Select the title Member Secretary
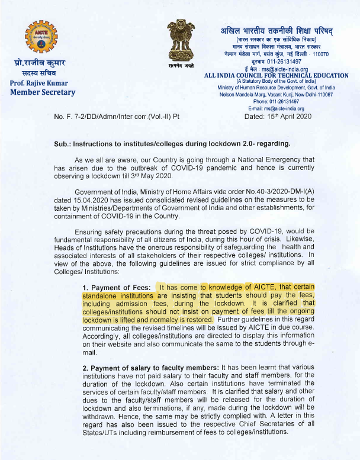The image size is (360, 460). [43, 92]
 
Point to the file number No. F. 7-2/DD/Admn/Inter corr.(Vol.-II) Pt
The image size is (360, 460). [116, 117]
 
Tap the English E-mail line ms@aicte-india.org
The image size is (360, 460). [276, 108]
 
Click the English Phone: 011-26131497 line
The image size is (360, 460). [277, 102]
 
